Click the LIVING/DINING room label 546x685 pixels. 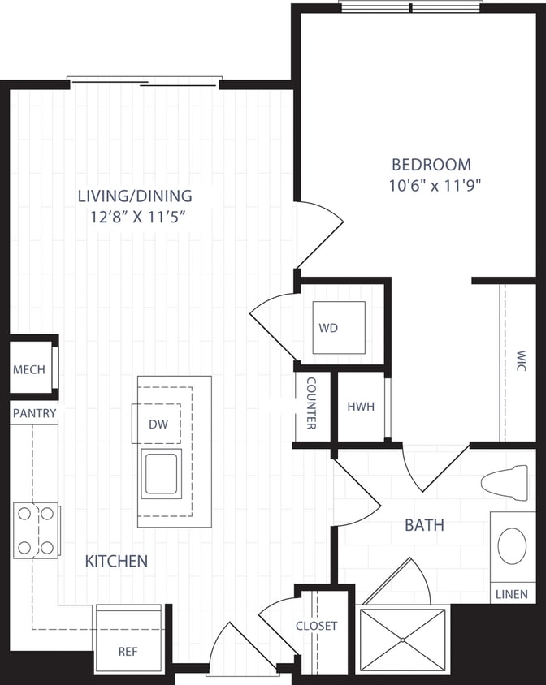tap(135, 196)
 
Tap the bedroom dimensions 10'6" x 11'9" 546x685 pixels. tap(435, 185)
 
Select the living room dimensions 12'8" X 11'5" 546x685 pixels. tap(135, 216)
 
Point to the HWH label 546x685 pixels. tap(361, 407)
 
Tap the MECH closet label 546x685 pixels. tap(29, 370)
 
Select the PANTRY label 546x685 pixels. tap(34, 413)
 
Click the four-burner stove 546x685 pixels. tap(37, 530)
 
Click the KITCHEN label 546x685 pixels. tap(117, 561)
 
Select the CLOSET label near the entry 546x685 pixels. tap(316, 626)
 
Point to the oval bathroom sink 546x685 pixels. tap(512, 546)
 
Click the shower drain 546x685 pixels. tap(403, 640)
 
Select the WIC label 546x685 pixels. tap(520, 360)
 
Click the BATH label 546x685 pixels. tap(424, 525)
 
